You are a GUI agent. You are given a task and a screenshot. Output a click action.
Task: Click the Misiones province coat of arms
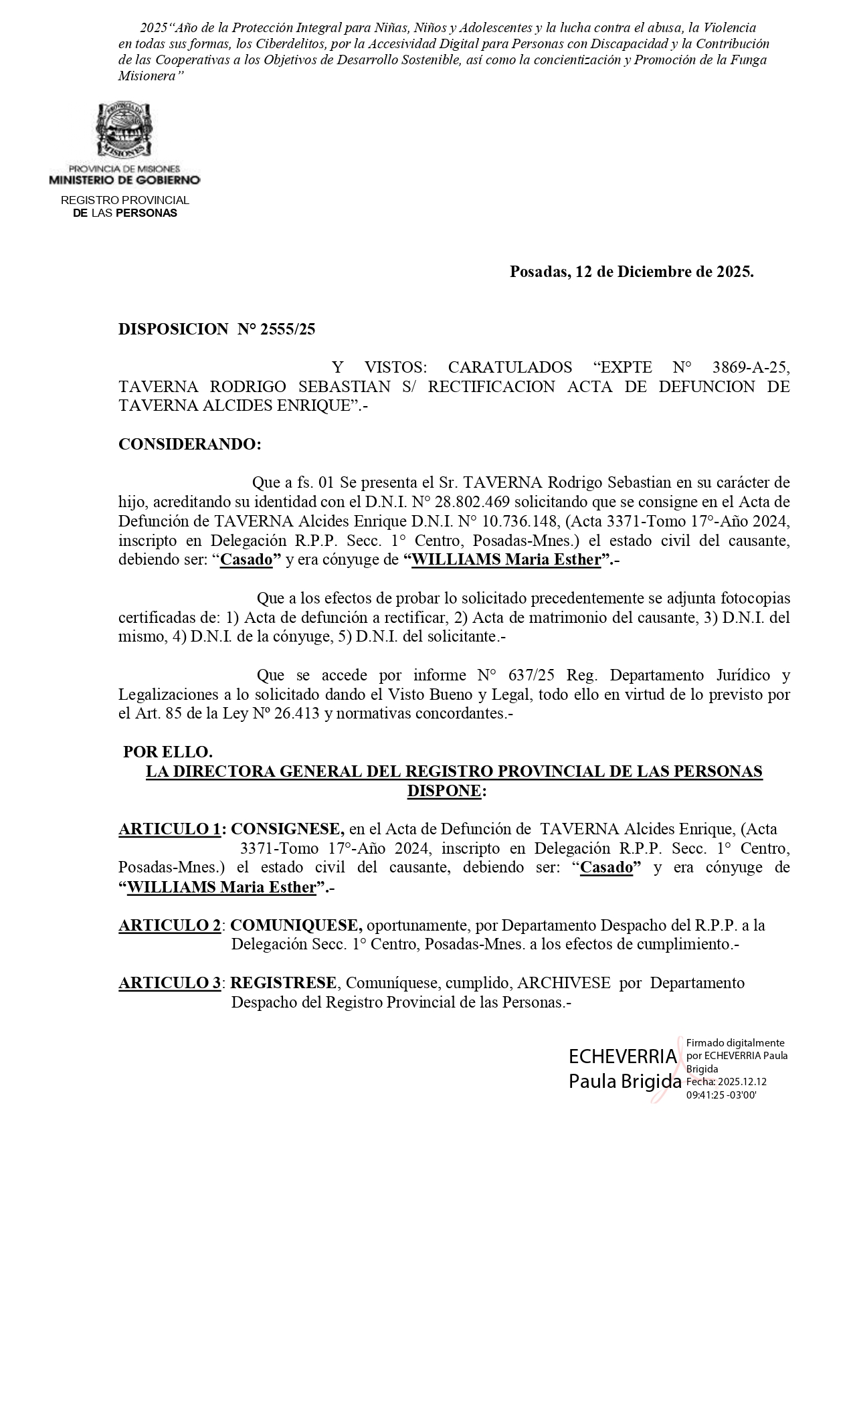point(124,130)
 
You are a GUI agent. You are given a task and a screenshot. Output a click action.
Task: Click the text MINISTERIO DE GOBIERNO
point(124,180)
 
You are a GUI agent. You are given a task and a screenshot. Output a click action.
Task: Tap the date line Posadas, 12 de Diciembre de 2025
point(632,272)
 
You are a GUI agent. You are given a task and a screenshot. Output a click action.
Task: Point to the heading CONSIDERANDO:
point(190,444)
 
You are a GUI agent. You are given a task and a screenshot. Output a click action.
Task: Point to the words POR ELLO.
point(168,752)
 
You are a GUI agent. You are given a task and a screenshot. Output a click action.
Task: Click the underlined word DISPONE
point(444,791)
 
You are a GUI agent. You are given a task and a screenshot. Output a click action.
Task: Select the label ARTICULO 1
point(170,830)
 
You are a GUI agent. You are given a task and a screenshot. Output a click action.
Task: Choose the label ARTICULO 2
point(170,926)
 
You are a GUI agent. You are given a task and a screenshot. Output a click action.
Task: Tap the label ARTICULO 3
point(170,983)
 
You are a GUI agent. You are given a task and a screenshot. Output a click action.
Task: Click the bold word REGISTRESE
point(284,983)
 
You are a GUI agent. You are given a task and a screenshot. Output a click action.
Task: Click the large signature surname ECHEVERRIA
point(622,1057)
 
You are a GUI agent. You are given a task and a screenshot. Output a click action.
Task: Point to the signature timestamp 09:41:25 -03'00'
point(721,1095)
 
